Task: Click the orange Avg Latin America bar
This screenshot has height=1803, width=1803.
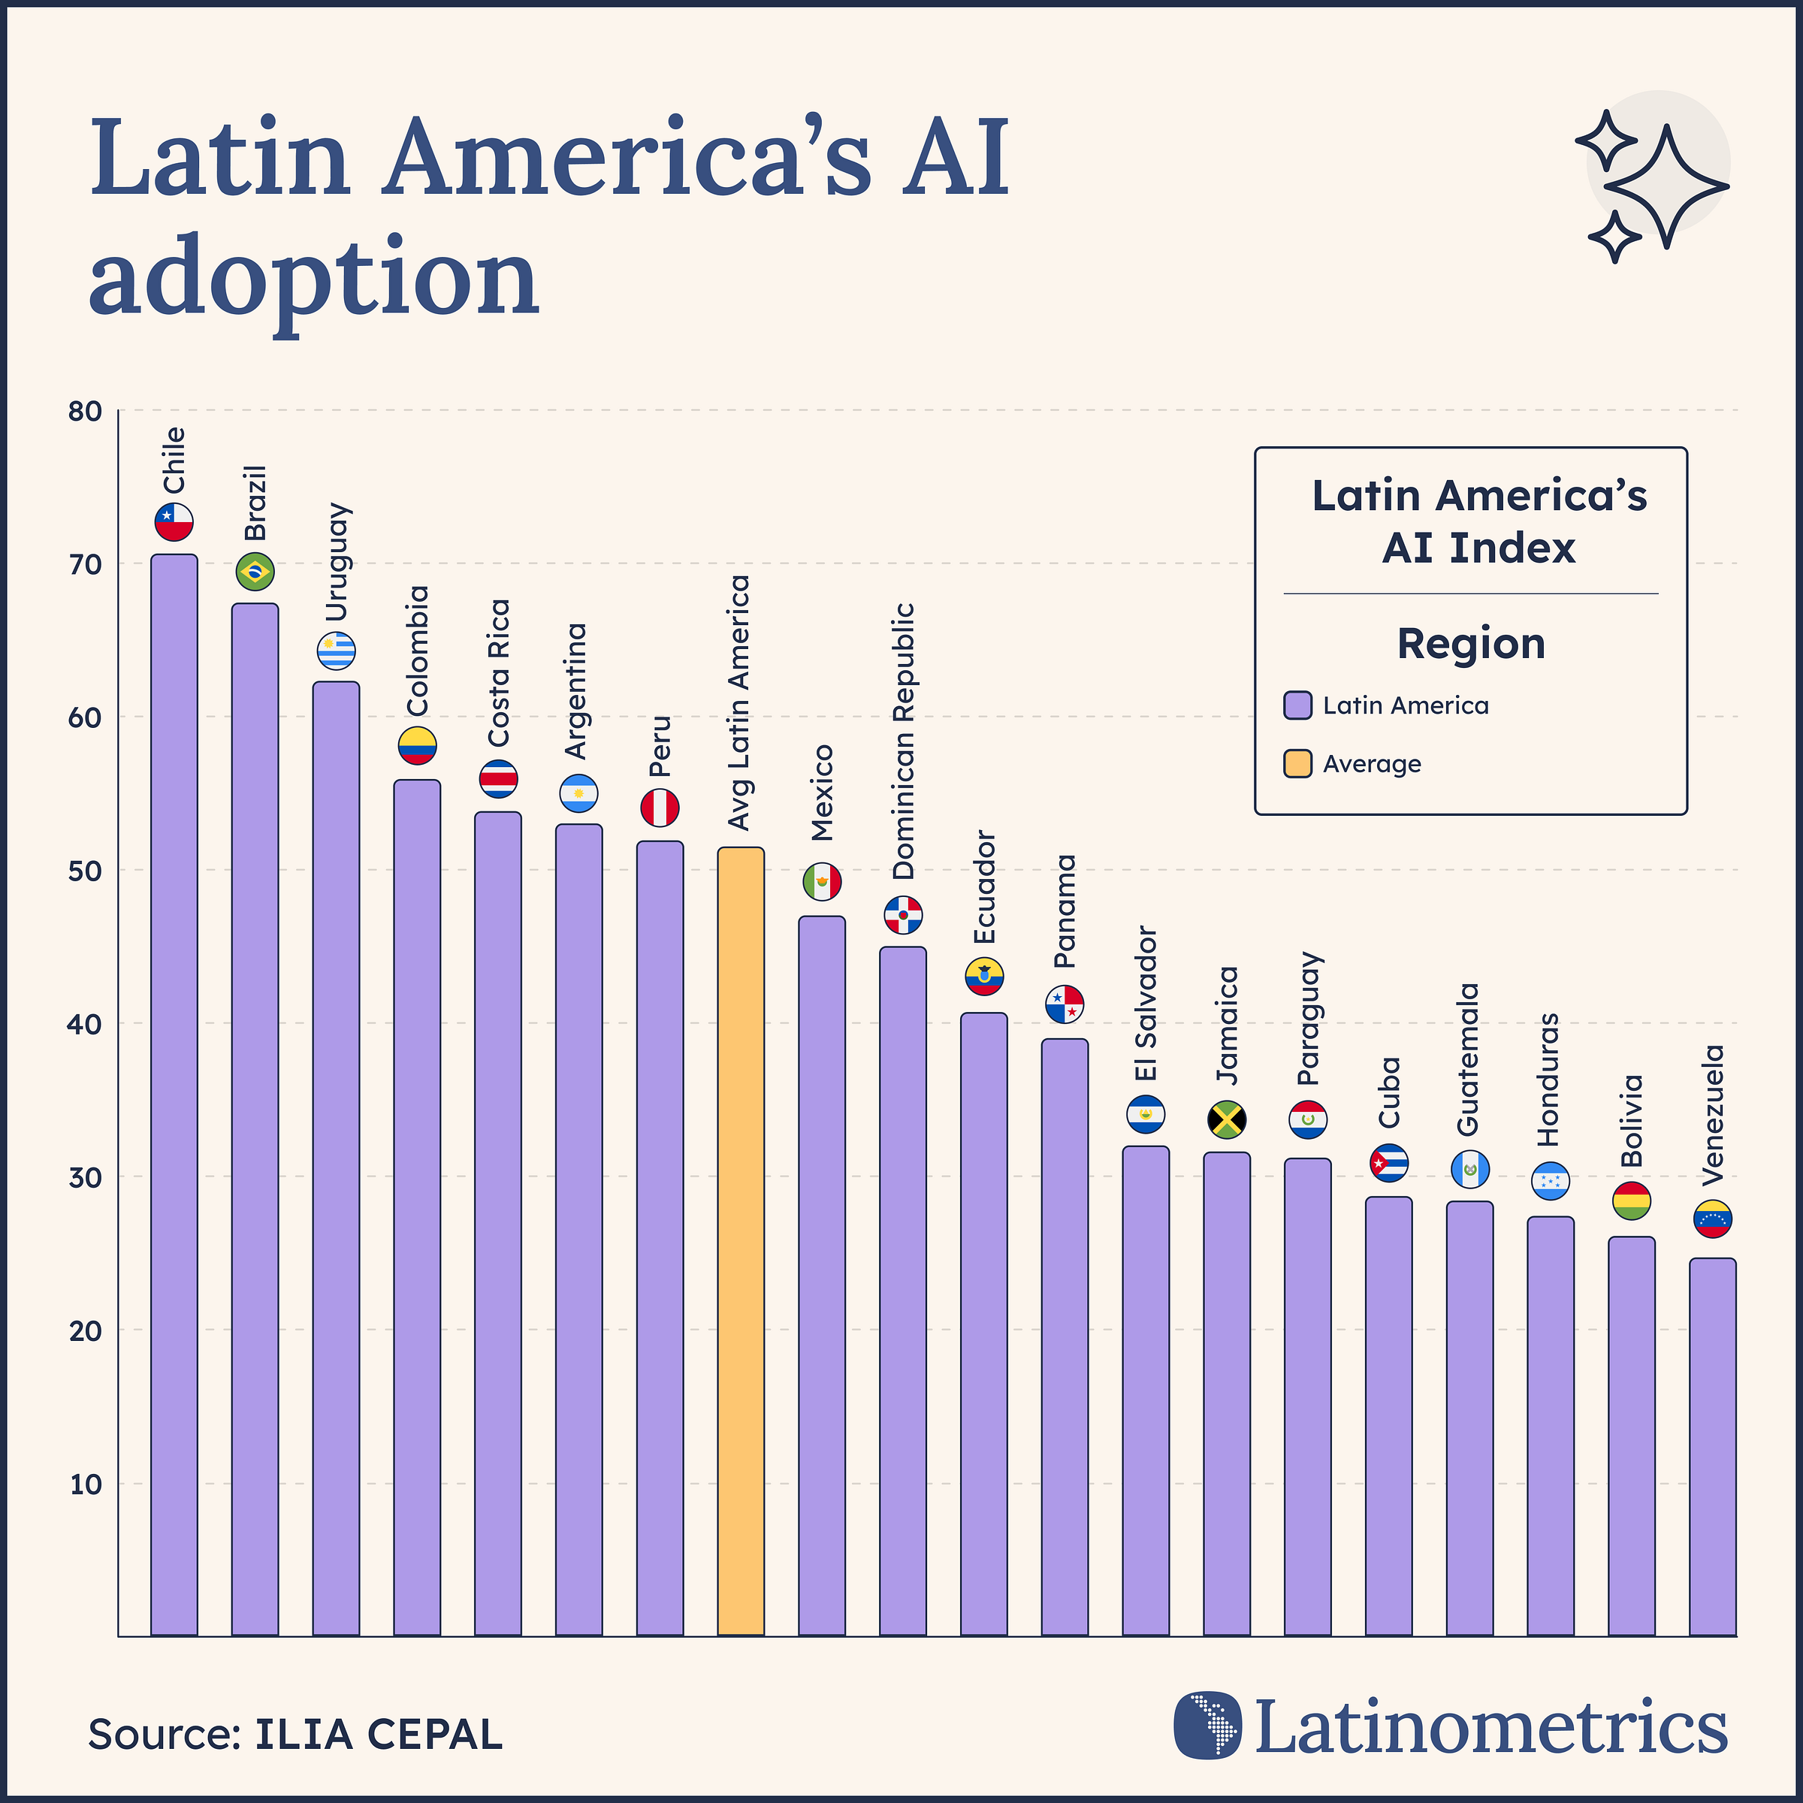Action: tap(740, 1241)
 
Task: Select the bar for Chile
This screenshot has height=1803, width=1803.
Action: tap(174, 1092)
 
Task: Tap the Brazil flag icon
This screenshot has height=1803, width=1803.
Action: tap(255, 571)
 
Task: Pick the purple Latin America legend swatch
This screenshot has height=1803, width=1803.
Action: tap(1297, 705)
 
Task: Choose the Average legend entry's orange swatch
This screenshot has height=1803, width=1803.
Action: tap(1297, 763)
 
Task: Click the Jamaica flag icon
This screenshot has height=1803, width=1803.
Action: tap(1226, 1119)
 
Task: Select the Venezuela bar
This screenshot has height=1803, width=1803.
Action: tap(1713, 1446)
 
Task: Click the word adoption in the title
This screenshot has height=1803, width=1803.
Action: tap(315, 276)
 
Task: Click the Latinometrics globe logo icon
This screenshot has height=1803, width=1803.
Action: tap(1207, 1725)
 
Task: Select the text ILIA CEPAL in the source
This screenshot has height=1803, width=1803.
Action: tap(378, 1734)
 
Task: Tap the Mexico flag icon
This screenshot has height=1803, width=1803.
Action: tap(822, 881)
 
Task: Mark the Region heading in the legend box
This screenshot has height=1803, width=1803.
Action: tap(1471, 644)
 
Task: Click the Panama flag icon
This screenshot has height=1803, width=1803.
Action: tap(1064, 1004)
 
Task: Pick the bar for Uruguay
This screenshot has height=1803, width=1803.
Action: tap(336, 1157)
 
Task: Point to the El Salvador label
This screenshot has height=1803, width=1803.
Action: tap(1146, 1003)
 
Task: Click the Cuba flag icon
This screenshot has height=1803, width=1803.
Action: tap(1388, 1163)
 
